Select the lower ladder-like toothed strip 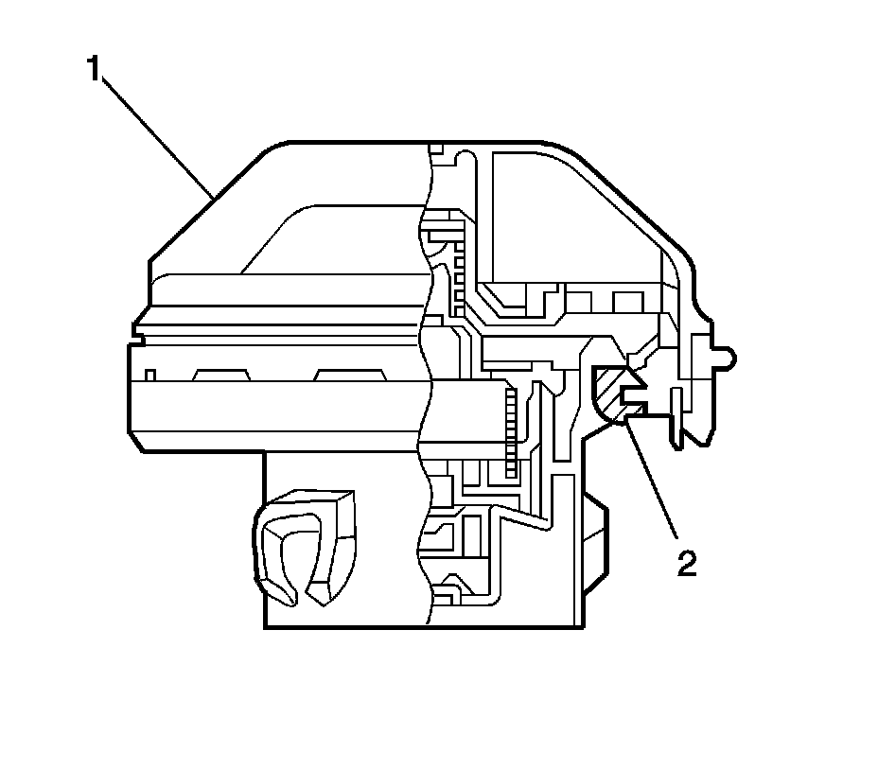pos(512,430)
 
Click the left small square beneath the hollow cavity pos(579,302)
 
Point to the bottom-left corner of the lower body pos(264,627)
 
